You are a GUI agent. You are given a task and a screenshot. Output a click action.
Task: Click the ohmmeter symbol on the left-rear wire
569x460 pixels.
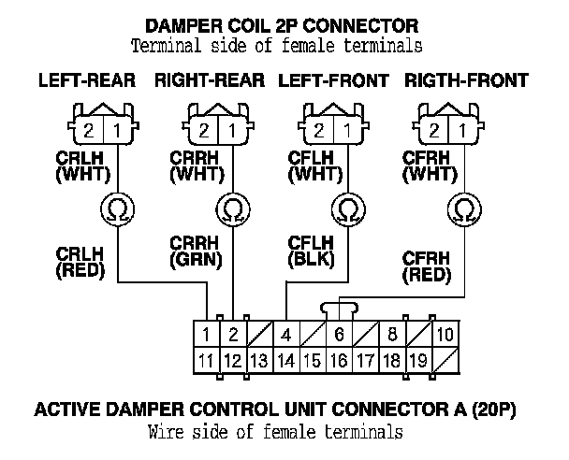pos(117,209)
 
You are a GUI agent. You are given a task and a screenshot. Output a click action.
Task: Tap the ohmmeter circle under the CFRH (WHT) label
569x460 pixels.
pos(464,209)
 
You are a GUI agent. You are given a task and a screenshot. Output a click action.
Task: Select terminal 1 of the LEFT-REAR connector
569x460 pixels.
pos(117,130)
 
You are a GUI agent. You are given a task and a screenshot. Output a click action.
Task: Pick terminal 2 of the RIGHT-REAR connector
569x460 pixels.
pos(204,130)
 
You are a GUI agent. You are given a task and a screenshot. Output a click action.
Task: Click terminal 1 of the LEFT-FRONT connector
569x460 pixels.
pos(347,130)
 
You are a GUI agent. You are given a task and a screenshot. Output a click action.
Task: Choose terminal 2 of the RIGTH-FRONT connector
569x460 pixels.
pos(434,130)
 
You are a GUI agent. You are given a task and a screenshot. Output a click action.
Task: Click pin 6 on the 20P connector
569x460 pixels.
pos(340,334)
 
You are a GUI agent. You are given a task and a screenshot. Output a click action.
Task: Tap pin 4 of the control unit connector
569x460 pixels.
pos(286,334)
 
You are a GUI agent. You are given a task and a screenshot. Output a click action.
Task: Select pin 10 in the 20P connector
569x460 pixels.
pos(445,334)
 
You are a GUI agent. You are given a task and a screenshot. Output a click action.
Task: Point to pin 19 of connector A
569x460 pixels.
pos(419,360)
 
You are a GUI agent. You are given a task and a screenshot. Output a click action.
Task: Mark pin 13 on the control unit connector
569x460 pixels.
pos(260,360)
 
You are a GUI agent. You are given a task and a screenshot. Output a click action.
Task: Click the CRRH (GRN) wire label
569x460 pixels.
pos(196,252)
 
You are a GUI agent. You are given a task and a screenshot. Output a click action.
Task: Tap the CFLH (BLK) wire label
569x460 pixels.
pos(311,252)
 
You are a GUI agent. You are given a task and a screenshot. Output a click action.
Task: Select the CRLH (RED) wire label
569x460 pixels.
pos(80,263)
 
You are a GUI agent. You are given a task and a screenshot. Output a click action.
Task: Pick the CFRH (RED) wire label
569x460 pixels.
pos(427,266)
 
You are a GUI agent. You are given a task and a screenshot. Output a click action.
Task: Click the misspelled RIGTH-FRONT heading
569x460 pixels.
pos(466,80)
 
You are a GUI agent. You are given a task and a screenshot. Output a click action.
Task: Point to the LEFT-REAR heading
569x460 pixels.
pos(87,80)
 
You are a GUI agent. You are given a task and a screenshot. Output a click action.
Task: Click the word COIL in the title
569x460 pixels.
pos(249,26)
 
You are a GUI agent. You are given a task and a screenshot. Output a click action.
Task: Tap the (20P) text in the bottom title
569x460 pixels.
pos(494,410)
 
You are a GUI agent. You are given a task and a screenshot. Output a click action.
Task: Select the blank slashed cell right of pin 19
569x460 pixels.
pos(445,360)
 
